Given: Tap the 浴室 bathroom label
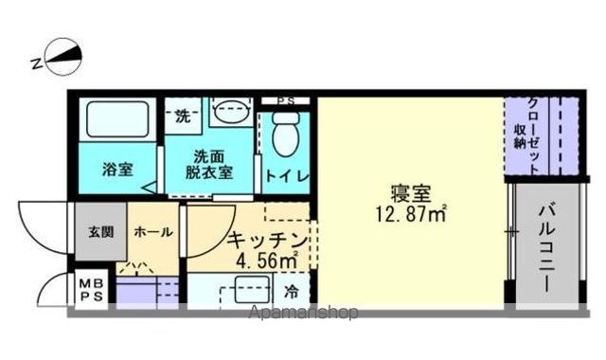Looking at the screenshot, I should click(118, 170).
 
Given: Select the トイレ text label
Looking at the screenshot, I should click(284, 174).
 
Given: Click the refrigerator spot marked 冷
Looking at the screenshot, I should click(293, 289).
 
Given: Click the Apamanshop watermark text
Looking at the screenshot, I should click(305, 313).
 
